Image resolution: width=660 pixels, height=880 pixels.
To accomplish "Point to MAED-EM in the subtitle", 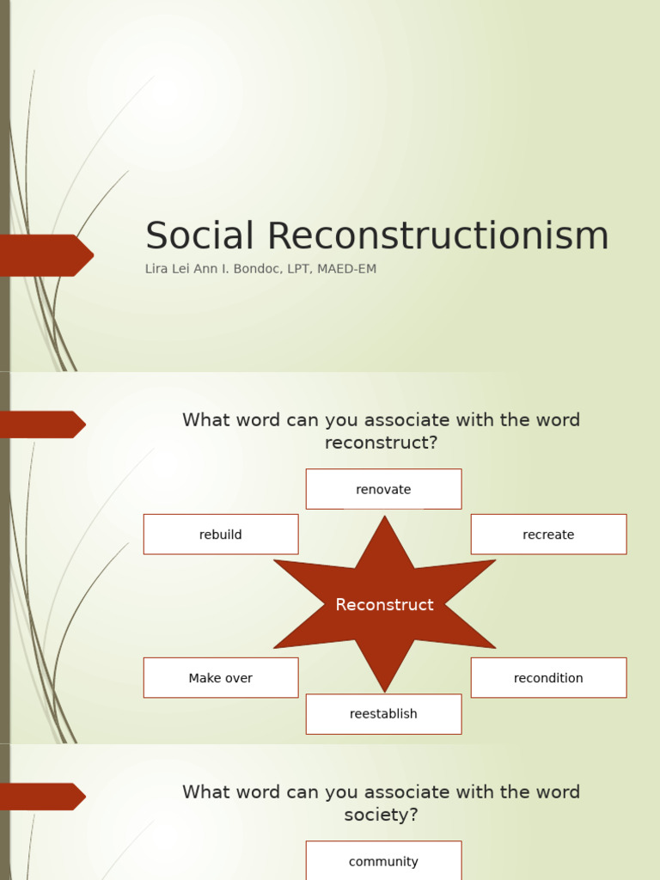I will click(347, 269).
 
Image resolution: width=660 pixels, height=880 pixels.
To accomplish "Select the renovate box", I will click(383, 489).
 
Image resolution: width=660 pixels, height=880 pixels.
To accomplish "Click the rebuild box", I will click(221, 535).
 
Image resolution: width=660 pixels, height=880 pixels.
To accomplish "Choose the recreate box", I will click(548, 535).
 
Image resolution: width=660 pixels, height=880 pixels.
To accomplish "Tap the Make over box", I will click(221, 678).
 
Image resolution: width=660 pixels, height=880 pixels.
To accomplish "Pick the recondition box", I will click(548, 678).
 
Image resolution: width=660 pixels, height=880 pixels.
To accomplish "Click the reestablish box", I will click(383, 714).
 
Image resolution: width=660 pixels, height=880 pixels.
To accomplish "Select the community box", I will click(383, 861).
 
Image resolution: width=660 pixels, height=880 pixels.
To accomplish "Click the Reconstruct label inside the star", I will click(384, 605).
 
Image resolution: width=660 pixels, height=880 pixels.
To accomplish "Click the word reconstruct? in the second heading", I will click(382, 443).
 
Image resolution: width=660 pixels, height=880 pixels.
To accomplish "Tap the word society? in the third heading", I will click(382, 815).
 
